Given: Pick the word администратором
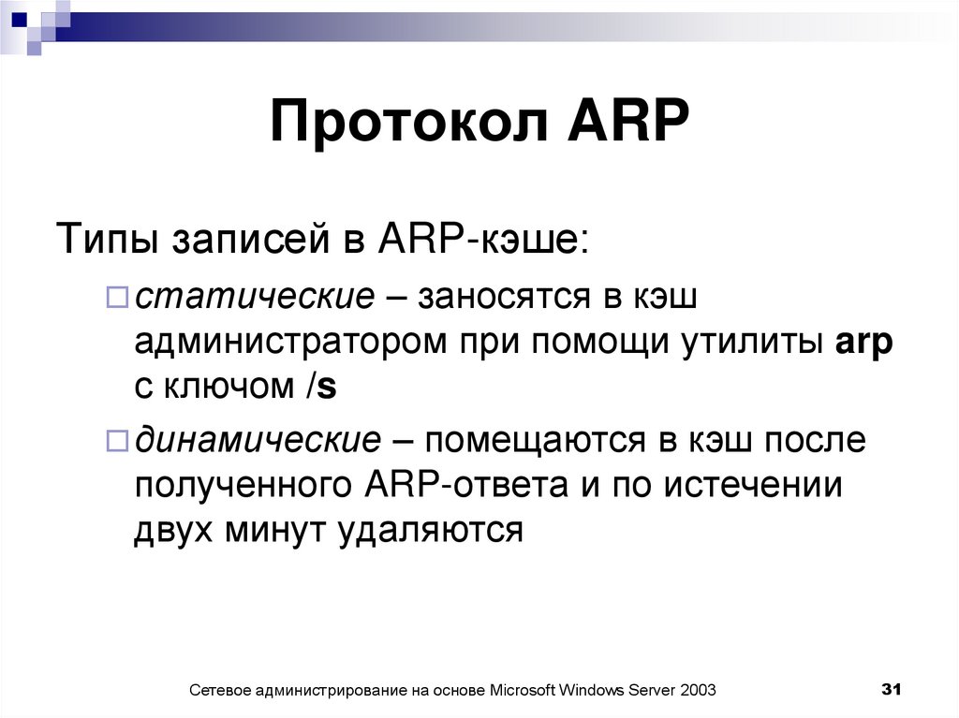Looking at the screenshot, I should [x=290, y=342].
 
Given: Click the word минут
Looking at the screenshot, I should [x=263, y=531].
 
